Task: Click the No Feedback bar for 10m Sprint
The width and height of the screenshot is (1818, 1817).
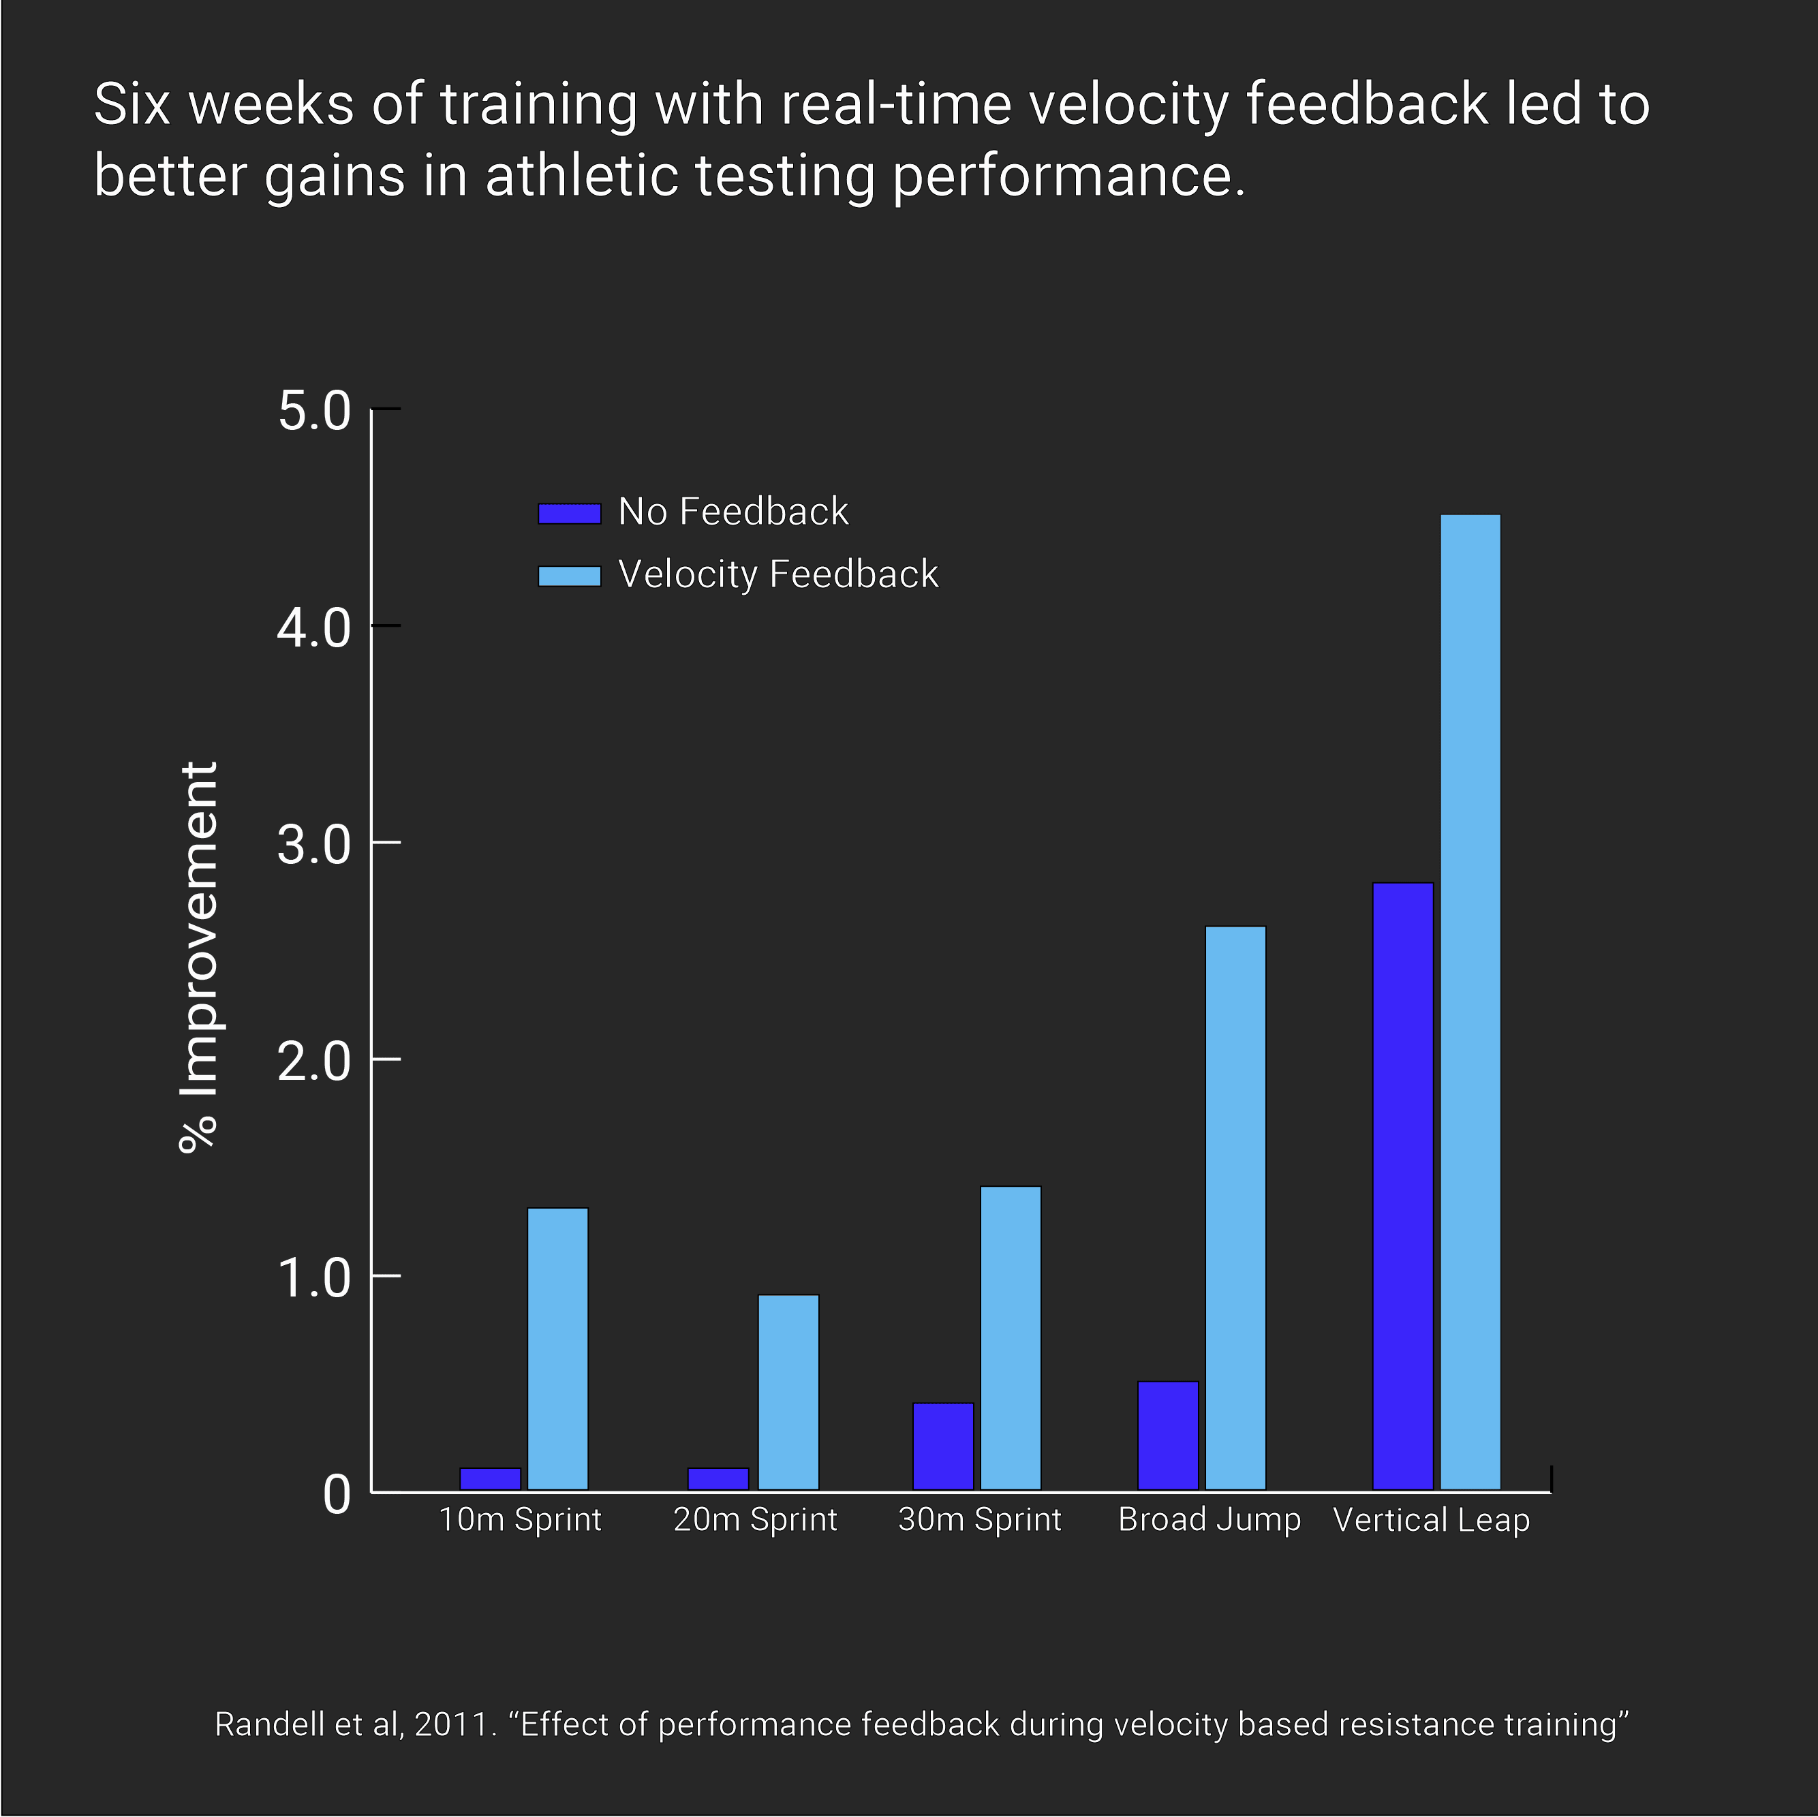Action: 489,1478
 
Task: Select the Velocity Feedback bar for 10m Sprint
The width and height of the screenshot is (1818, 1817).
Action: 557,1348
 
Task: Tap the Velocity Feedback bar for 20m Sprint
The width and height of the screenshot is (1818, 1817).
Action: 788,1392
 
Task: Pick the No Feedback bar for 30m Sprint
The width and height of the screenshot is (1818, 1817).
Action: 943,1446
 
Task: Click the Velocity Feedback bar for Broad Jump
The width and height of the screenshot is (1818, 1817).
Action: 1235,1208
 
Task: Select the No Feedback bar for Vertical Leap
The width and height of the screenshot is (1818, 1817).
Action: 1402,1185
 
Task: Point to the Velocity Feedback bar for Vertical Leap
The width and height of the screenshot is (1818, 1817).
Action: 1470,1002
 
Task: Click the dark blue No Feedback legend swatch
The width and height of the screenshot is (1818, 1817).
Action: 568,513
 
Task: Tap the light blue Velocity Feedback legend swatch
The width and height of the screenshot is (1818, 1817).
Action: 568,576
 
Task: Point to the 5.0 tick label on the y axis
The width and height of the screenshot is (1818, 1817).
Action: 313,411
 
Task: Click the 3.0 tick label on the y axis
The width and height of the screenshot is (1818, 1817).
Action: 313,844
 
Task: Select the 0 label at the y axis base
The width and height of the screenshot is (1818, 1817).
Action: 336,1494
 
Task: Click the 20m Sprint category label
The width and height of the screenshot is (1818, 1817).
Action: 755,1520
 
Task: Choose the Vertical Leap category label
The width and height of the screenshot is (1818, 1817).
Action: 1431,1520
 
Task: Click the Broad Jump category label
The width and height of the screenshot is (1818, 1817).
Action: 1210,1520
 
